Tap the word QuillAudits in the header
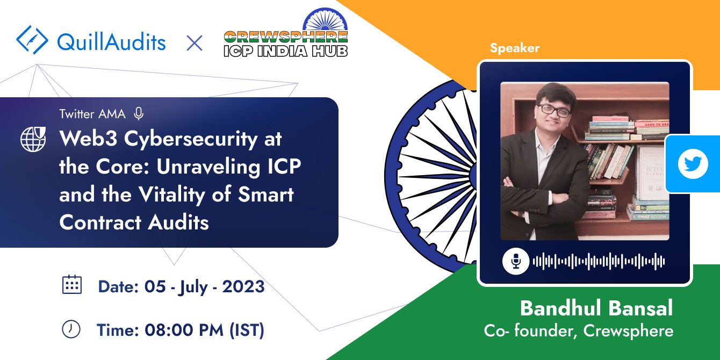tap(111, 42)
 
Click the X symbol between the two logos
tap(194, 42)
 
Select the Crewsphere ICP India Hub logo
tap(286, 37)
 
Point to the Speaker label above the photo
tap(514, 48)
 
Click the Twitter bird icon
tap(693, 164)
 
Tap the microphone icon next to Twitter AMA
tap(139, 113)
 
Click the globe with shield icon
tap(34, 139)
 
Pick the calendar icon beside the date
tap(72, 284)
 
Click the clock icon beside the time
tap(71, 329)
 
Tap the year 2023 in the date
tap(243, 286)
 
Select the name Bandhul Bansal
tap(596, 308)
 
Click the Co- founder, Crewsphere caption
tap(578, 330)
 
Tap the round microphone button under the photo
tap(516, 262)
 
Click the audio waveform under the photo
tap(599, 262)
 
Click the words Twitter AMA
tap(92, 114)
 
